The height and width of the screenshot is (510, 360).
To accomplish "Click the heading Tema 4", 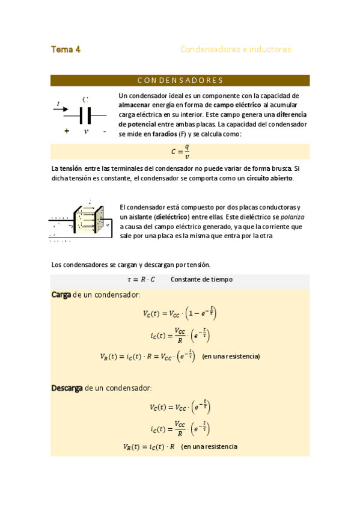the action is tap(66, 49).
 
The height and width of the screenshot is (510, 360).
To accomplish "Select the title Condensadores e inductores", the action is tap(236, 49).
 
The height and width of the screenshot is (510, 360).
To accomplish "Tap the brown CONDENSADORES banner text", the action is tap(180, 81).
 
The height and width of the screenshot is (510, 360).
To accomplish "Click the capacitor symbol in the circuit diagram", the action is tap(85, 115).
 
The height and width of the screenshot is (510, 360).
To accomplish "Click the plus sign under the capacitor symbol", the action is tap(66, 131).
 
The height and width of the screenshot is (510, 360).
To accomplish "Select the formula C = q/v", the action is tap(180, 152).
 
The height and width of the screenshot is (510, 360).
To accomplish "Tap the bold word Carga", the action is tap(61, 294).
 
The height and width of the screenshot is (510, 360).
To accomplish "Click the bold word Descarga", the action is tap(67, 388).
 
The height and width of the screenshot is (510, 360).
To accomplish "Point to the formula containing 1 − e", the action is tap(180, 313).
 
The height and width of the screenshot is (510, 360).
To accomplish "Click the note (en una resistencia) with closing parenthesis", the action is tap(231, 356).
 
